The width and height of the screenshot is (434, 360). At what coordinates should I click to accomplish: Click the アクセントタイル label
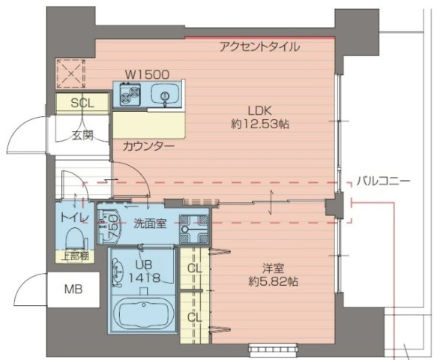coord(259,46)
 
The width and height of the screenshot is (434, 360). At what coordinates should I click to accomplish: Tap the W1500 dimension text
coord(147,74)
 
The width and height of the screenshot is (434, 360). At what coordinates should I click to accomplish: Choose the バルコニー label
coord(382,181)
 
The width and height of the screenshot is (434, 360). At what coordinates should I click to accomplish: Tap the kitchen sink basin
coord(163,94)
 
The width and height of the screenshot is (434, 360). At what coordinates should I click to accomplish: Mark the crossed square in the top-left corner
coord(73,73)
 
